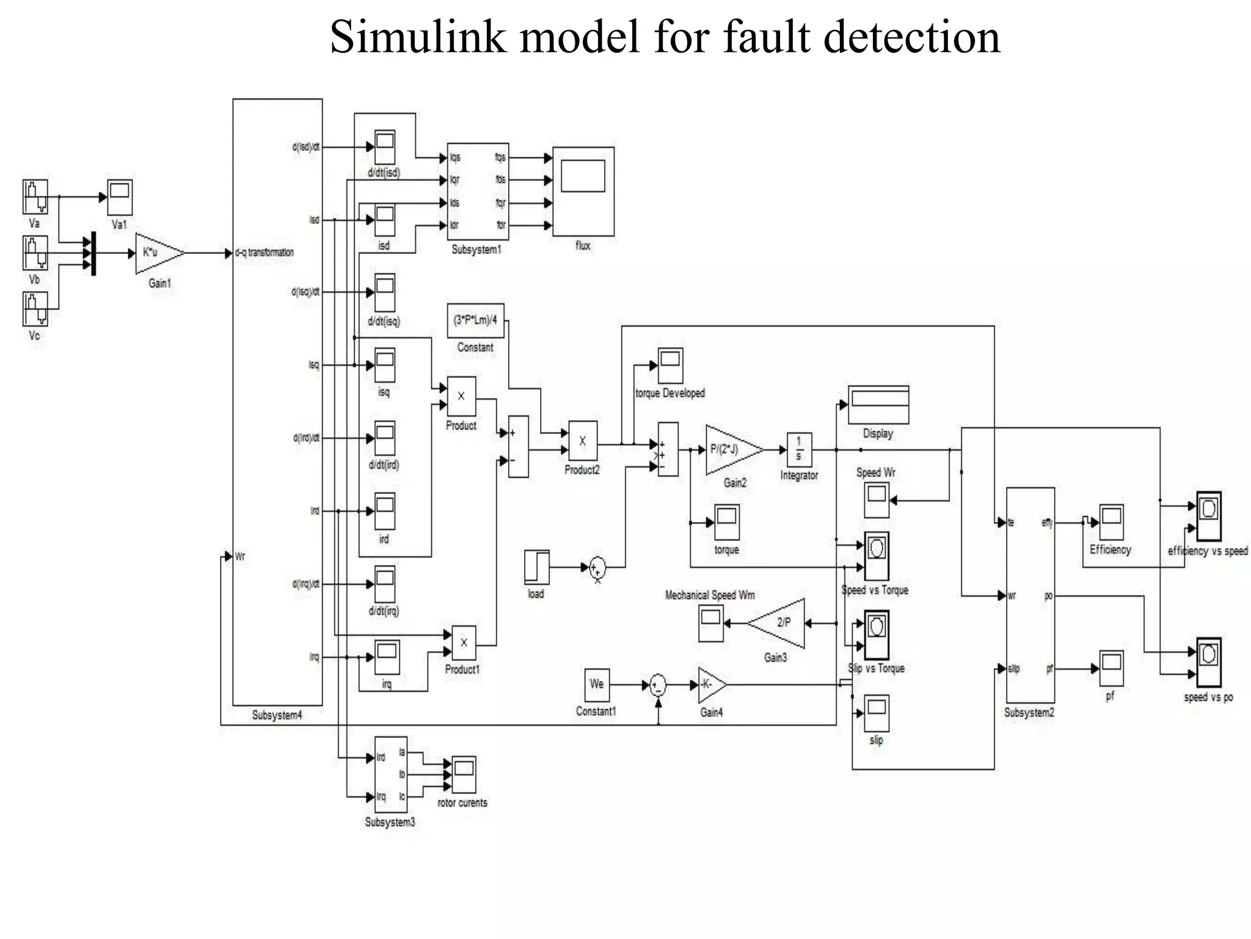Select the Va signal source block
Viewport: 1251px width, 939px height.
tap(35, 196)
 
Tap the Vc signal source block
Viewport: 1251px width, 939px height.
tap(35, 309)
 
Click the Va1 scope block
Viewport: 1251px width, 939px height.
tap(120, 197)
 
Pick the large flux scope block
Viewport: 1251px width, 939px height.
tap(583, 191)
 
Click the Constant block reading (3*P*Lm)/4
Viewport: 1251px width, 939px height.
tap(475, 320)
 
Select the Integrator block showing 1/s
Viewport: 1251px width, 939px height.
tap(798, 450)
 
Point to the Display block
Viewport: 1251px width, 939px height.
tap(878, 405)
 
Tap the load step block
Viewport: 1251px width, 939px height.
tap(536, 567)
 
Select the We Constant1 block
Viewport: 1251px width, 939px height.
tap(596, 685)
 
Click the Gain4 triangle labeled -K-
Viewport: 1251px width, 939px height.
tap(710, 685)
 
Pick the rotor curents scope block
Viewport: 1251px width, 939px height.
tap(464, 775)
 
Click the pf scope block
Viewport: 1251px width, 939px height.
tap(1111, 668)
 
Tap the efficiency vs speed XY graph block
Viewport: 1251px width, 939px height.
tap(1208, 516)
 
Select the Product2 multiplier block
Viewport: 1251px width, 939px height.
tap(582, 441)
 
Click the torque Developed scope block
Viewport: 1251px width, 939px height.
tap(669, 366)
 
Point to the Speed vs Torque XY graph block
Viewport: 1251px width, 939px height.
tap(876, 555)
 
